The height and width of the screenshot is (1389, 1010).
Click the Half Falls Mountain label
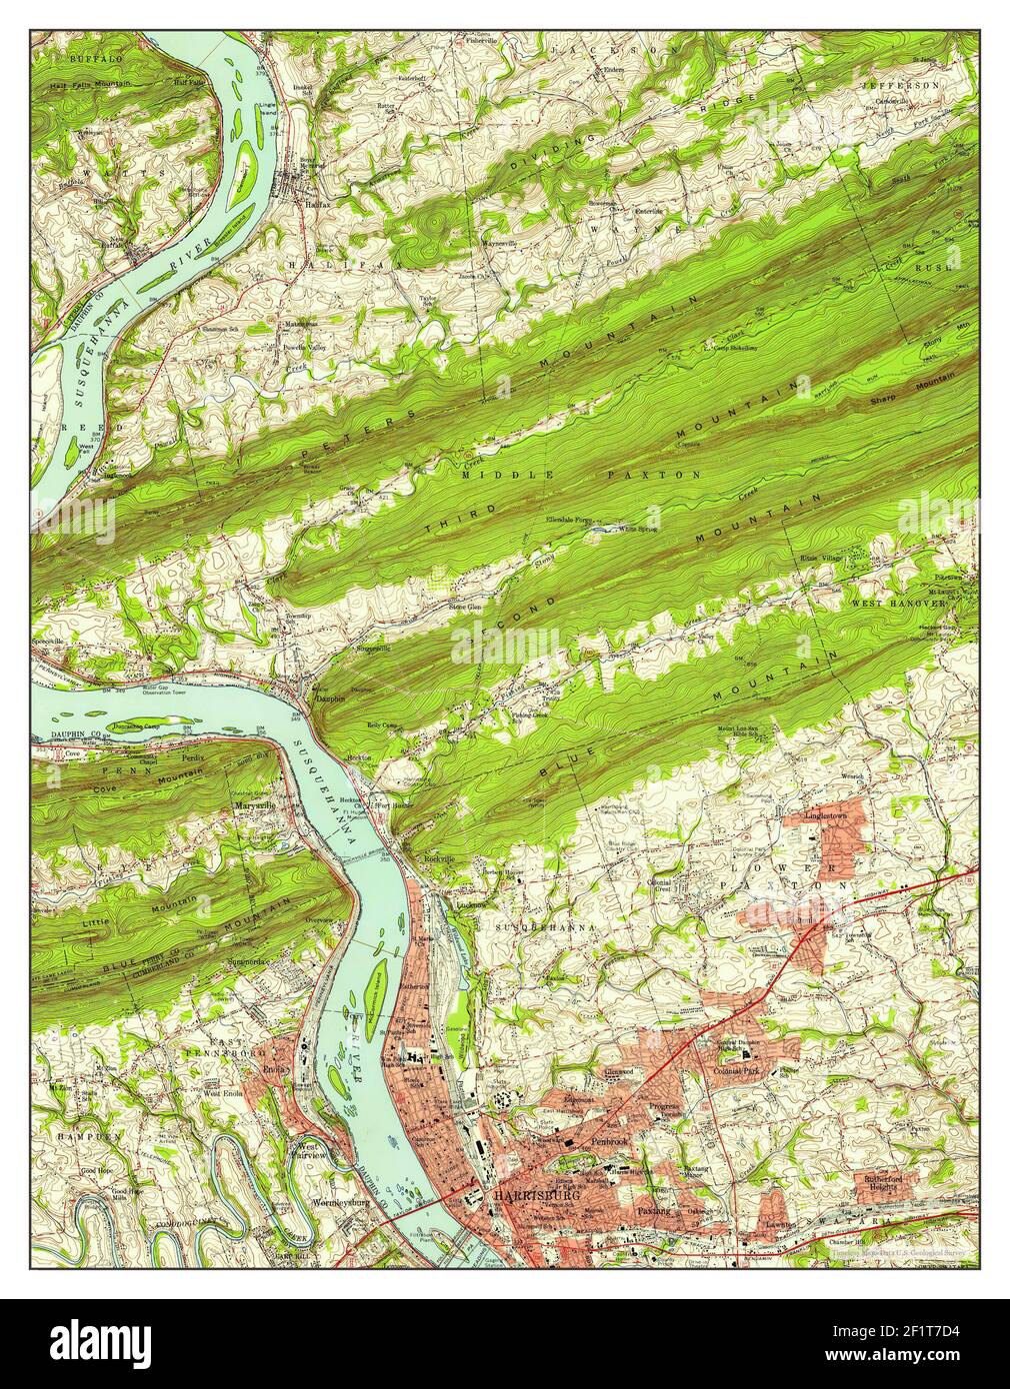coord(90,85)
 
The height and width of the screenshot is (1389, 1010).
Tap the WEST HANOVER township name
coord(897,604)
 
